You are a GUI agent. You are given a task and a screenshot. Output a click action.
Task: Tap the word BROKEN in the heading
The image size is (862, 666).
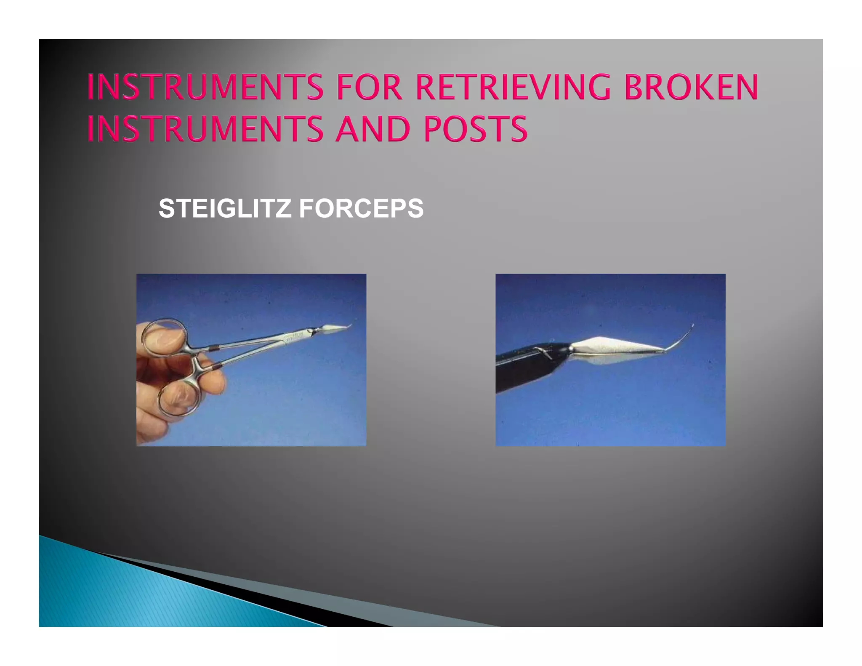click(691, 87)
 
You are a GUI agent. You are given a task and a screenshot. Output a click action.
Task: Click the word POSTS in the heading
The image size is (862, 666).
click(475, 128)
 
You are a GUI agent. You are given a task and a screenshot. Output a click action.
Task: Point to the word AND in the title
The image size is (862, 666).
click(372, 128)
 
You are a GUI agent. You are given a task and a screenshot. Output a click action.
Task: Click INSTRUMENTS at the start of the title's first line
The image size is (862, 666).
click(205, 87)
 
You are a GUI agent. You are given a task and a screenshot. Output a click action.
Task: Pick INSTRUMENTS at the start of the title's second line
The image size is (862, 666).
click(205, 128)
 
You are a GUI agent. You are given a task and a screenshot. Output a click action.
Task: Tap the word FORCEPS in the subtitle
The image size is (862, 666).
click(361, 208)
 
